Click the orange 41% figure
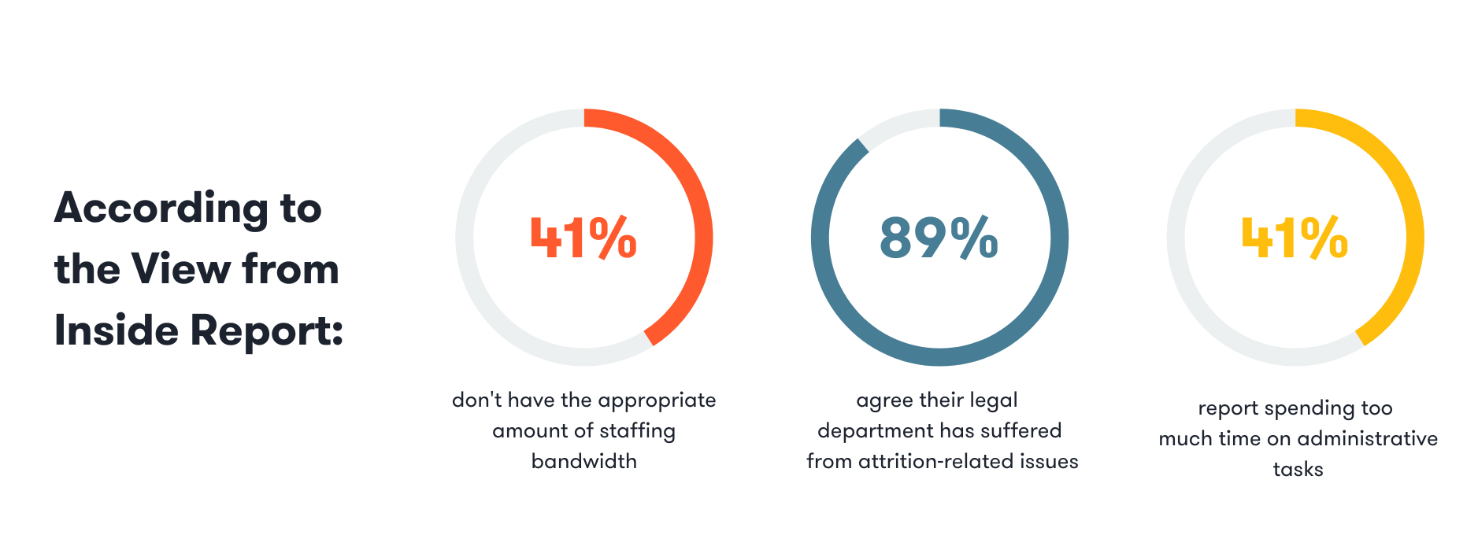click(583, 238)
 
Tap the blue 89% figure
click(939, 238)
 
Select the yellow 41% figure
click(1295, 238)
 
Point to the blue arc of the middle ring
click(939, 356)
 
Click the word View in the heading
click(180, 269)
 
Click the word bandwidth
click(583, 461)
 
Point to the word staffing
click(637, 431)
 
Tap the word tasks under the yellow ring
click(1298, 469)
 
